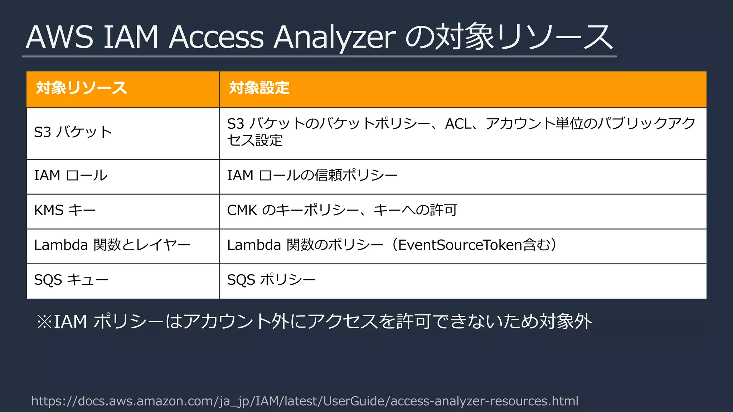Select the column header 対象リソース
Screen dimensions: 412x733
click(x=82, y=88)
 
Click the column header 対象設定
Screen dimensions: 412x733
click(x=259, y=88)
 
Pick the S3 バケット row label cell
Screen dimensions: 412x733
click(x=73, y=132)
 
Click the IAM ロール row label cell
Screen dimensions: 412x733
click(x=71, y=176)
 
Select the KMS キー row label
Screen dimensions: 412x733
click(x=65, y=210)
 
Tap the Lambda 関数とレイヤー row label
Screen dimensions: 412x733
click(x=112, y=245)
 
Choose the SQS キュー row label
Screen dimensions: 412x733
click(x=71, y=280)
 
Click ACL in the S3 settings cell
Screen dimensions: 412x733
click(x=458, y=124)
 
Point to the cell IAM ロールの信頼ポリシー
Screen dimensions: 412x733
click(x=312, y=176)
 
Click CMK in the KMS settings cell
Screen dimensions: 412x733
click(x=242, y=210)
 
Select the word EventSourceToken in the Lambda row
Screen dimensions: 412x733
click(x=460, y=245)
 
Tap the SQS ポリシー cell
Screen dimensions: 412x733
click(x=271, y=280)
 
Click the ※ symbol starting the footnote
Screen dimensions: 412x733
click(x=44, y=322)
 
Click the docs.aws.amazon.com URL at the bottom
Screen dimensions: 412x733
click(x=305, y=401)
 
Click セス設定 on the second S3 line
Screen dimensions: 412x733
click(x=255, y=141)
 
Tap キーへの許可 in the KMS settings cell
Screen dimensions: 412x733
click(x=415, y=210)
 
